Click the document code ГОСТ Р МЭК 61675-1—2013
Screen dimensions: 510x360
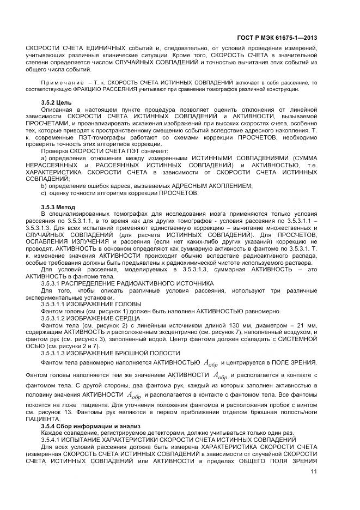tap(278, 38)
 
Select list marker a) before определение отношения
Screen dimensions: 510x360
tap(44, 157)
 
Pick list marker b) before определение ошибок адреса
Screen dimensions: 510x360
tap(44, 186)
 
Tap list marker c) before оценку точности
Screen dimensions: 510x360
tap(44, 193)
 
